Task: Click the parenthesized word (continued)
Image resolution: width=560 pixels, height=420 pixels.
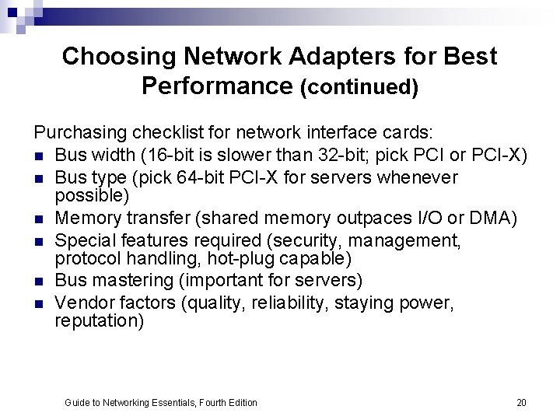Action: pos(359,87)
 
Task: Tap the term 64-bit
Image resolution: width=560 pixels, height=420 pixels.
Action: pos(222,177)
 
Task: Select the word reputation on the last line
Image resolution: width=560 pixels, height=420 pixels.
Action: pos(99,320)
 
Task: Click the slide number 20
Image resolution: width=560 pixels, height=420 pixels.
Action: pos(521,403)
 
